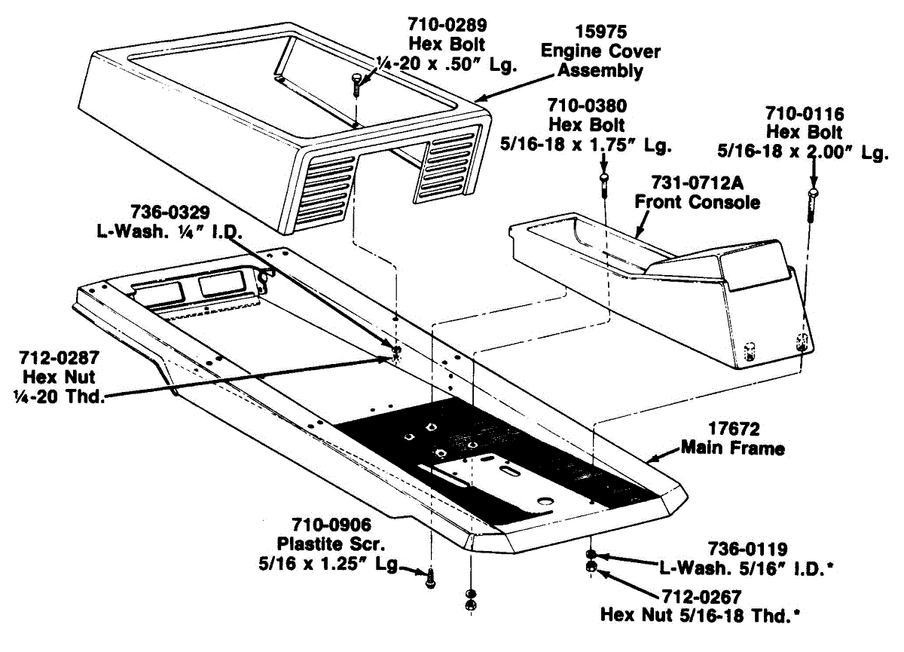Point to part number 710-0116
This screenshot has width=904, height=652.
pos(805,114)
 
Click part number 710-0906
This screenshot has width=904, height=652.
pos(332,524)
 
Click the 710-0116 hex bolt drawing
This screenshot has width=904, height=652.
pos(812,204)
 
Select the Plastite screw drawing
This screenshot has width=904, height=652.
pos(430,578)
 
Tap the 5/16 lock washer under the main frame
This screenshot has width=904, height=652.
pos(591,554)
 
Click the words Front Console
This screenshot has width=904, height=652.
pos(697,202)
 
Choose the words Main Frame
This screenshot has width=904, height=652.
pos(732,448)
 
